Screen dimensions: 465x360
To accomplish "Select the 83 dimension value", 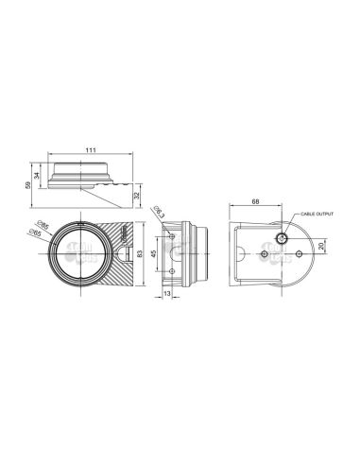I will [x=141, y=254].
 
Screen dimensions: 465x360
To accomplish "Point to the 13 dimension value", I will [x=167, y=294].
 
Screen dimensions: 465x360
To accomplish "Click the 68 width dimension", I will [x=257, y=201].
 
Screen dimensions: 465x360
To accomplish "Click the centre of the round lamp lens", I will [x=81, y=253].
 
